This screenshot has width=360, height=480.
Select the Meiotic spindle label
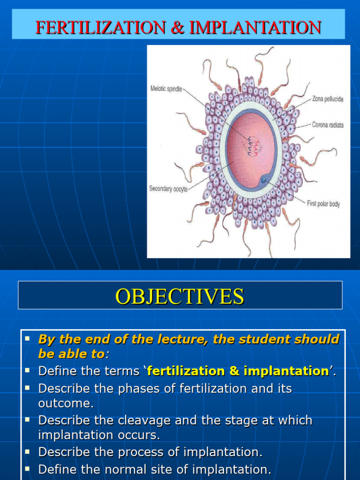pos(166,88)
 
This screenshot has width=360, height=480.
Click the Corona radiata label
pos(328,125)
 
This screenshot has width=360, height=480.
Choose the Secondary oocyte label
pos(168,189)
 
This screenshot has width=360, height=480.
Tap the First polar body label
pos(323,204)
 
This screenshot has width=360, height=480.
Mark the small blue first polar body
pos(264,180)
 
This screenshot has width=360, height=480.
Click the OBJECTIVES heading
pos(180,296)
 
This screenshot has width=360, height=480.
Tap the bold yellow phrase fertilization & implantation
pos(238,371)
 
